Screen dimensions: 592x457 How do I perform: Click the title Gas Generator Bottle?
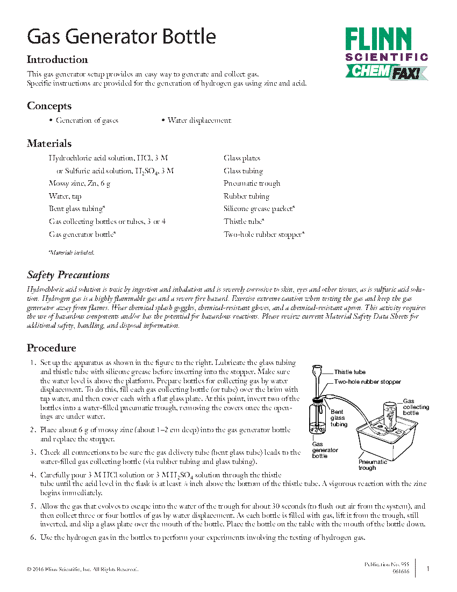[122, 37]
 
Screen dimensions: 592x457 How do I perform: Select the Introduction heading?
[58, 60]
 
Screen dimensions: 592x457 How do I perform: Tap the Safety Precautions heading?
[68, 275]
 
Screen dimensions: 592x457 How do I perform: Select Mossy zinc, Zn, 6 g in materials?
[80, 184]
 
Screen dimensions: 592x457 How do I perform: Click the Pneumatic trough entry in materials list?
[252, 184]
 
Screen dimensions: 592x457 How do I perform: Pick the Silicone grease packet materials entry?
[259, 209]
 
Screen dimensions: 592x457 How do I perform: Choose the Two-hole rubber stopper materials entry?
[264, 234]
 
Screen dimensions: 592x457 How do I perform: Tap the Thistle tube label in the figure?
[349, 372]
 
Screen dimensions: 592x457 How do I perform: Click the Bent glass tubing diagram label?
[339, 418]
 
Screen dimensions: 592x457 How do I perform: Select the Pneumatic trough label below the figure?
[373, 465]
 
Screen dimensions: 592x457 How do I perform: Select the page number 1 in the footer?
[428, 568]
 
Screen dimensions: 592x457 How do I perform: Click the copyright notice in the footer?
[82, 569]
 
